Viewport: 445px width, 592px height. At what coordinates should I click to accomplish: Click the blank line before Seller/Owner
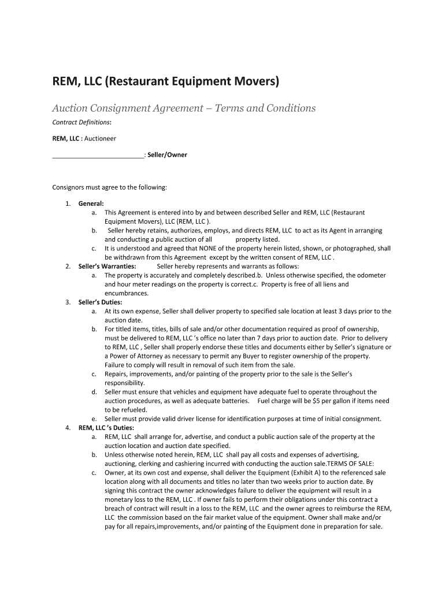tap(98, 155)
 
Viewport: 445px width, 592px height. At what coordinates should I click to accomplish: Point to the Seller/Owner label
tap(167, 155)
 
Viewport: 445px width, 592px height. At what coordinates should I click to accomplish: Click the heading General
tap(91, 203)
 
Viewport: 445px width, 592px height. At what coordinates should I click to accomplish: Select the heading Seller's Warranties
tap(107, 267)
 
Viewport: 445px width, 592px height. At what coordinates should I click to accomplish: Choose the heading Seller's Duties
tap(100, 302)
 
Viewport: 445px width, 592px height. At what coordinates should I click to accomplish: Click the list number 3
tap(68, 302)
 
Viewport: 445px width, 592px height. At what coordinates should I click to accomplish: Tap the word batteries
tap(233, 401)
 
